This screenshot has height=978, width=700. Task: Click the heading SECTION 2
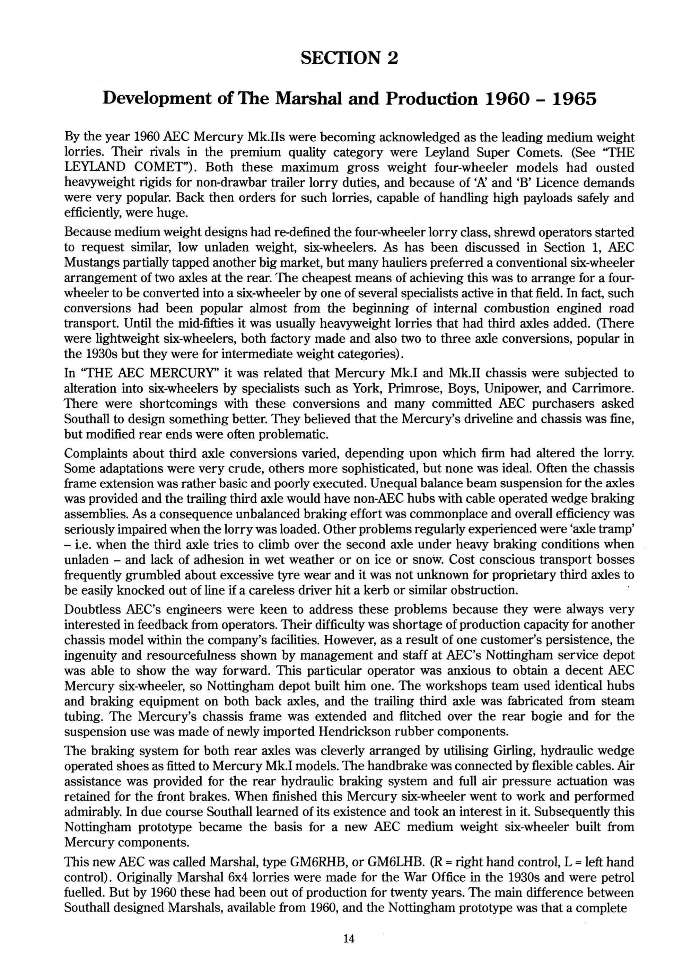[x=349, y=58]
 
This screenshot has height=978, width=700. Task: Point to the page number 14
[x=349, y=939]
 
